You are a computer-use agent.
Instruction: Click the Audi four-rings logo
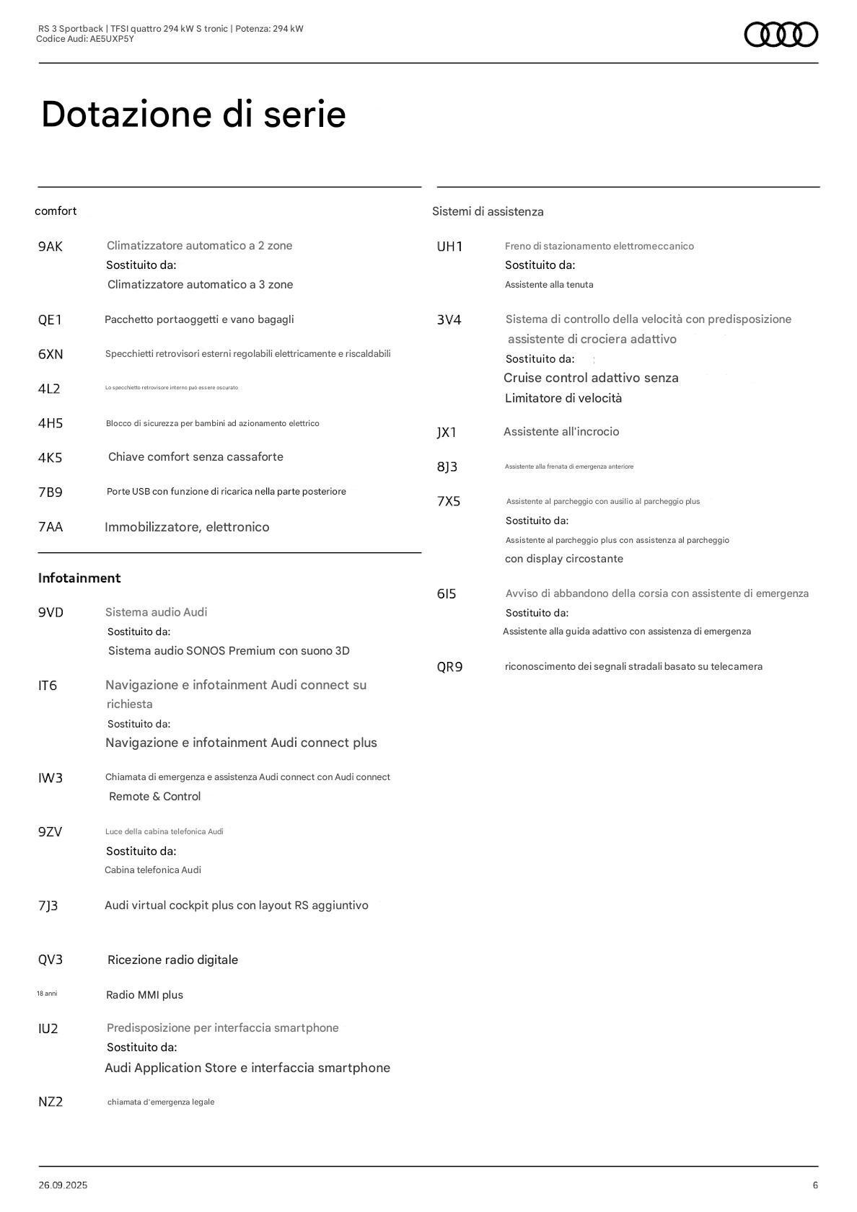[781, 35]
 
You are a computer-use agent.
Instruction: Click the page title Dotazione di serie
[193, 114]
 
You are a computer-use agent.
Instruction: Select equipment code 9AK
[50, 247]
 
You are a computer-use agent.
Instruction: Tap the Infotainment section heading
[79, 578]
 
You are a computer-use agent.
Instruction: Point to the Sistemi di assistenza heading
[488, 211]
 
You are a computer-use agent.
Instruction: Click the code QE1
[50, 320]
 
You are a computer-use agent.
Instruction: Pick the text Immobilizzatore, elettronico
[187, 527]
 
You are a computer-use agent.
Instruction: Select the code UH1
[449, 247]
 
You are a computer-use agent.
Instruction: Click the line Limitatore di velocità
[563, 398]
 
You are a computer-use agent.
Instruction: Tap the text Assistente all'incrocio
[561, 432]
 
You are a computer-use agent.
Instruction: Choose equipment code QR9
[449, 667]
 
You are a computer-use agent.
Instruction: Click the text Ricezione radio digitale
[172, 960]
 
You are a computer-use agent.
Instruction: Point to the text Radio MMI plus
[144, 995]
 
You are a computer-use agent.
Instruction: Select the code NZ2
[50, 1102]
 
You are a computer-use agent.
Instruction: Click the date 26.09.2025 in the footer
[63, 1185]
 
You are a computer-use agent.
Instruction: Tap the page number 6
[815, 1185]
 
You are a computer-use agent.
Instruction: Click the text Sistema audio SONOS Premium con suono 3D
[229, 651]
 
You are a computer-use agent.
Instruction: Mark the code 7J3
[48, 906]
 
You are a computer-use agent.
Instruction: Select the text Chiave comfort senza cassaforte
[195, 457]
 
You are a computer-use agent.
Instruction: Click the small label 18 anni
[47, 994]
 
